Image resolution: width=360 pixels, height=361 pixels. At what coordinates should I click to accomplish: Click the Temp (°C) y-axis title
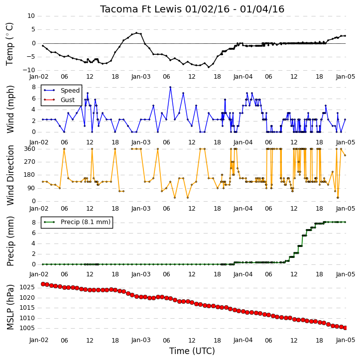[9, 44]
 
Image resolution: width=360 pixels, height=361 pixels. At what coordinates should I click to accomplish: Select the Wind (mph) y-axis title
[10, 110]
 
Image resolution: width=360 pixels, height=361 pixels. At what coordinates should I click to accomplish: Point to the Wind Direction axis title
[10, 175]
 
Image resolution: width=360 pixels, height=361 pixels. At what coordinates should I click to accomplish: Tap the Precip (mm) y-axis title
[10, 241]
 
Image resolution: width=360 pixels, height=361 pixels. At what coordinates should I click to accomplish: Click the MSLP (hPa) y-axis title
[10, 307]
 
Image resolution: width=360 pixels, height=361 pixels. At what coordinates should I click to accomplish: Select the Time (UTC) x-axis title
[192, 351]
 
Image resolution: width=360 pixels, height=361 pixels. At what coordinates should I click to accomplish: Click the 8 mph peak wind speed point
[170, 87]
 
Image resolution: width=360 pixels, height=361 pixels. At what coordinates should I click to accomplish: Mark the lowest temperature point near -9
[209, 67]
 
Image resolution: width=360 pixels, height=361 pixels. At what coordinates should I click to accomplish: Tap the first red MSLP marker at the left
[43, 284]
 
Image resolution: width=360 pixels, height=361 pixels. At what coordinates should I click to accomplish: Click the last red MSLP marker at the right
[345, 328]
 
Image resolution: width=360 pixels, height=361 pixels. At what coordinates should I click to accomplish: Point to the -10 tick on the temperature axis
[28, 70]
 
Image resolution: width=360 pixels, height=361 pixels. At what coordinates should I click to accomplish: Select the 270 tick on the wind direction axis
[29, 162]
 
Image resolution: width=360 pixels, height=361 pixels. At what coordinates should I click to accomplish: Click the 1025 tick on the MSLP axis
[27, 287]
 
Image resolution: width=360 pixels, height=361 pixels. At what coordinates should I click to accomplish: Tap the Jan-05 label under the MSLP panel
[345, 340]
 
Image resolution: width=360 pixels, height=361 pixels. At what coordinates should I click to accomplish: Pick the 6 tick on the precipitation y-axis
[33, 233]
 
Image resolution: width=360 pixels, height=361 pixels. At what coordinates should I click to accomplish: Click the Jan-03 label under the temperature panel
[141, 77]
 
